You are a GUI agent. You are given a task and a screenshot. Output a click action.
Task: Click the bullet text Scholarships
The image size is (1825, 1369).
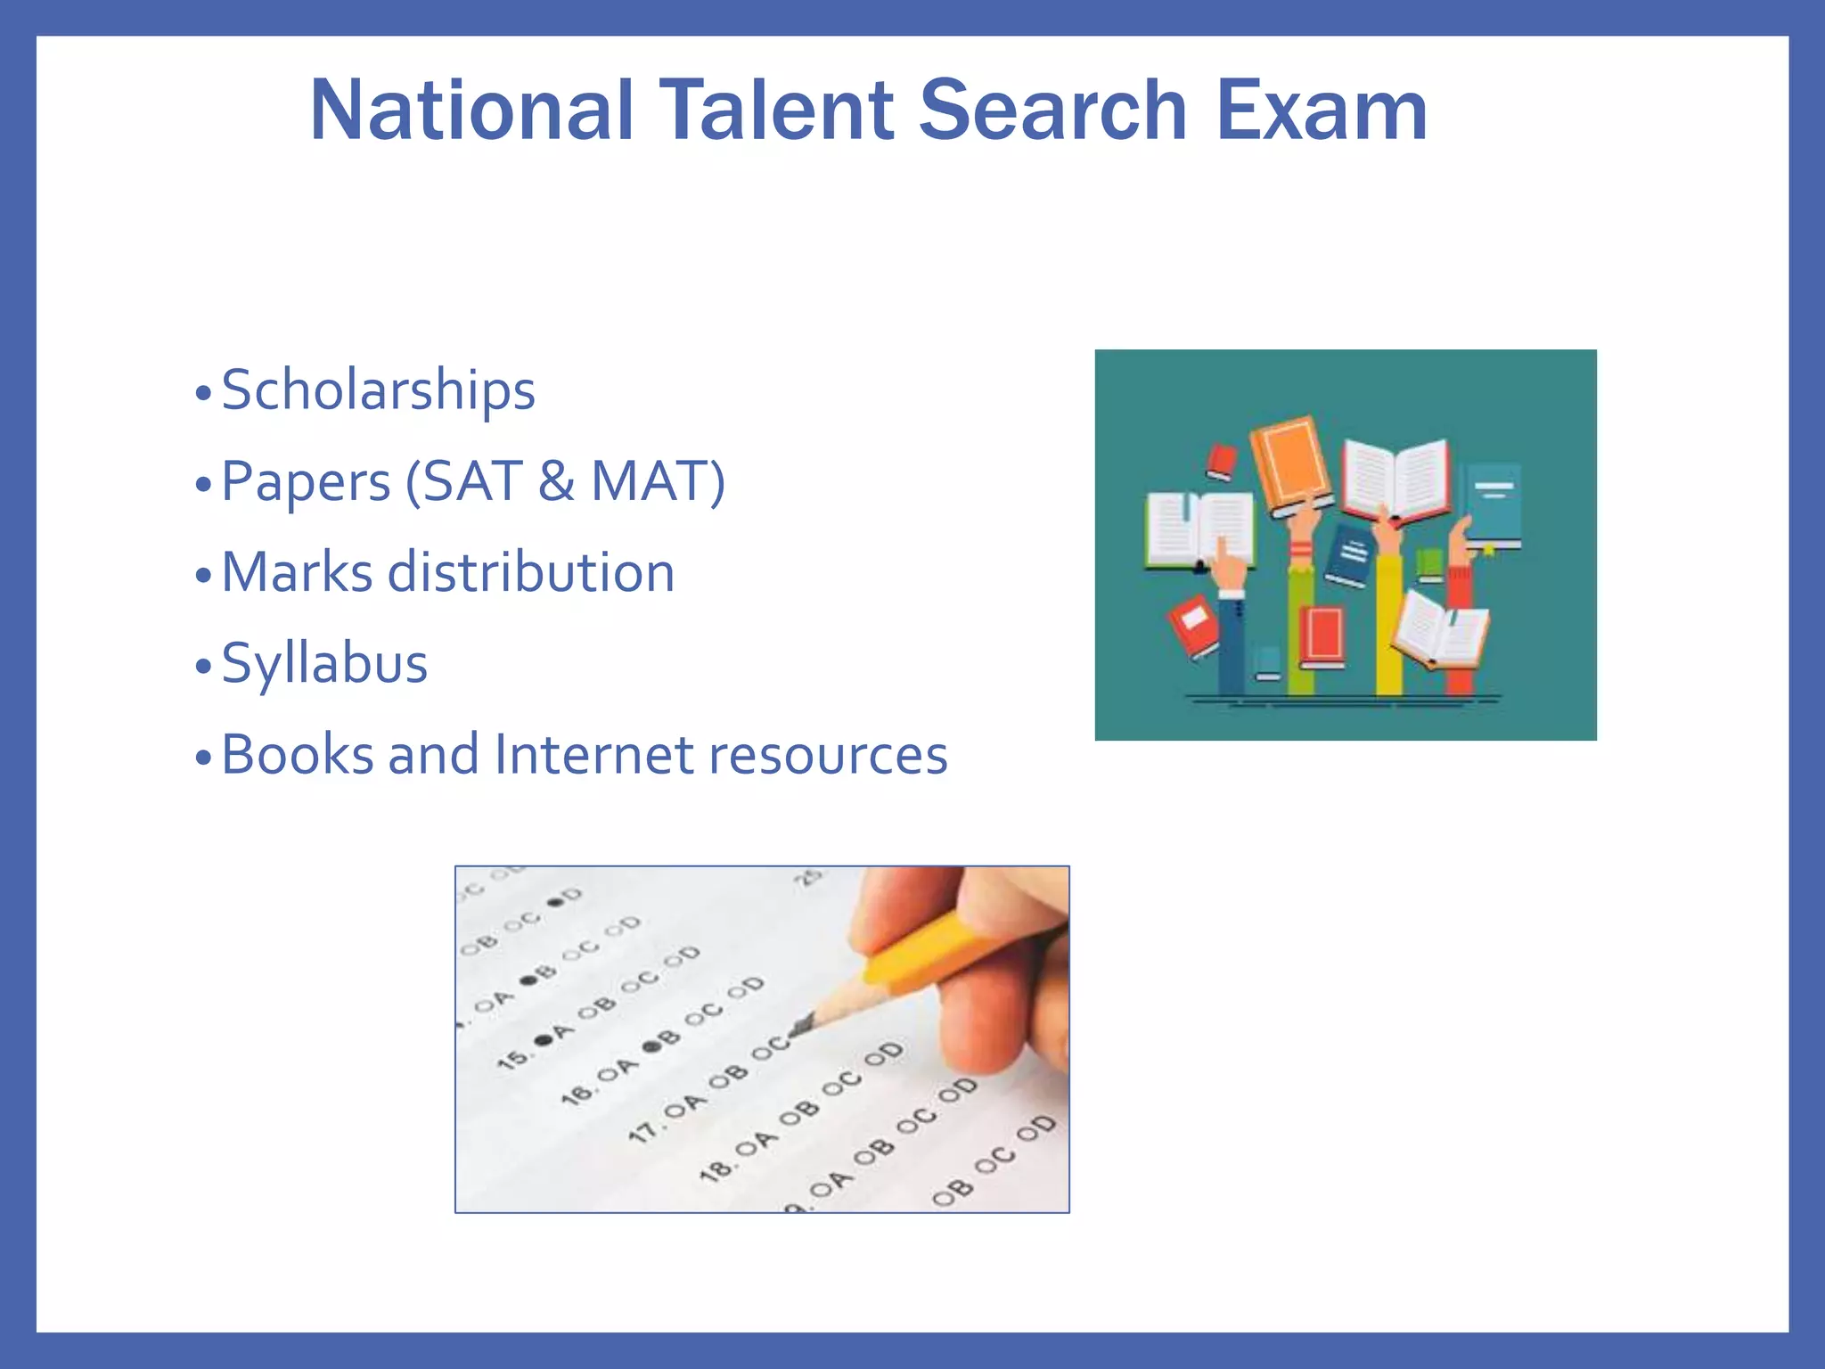pyautogui.click(x=378, y=390)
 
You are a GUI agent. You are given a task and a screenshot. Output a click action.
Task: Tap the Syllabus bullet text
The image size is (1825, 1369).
pyautogui.click(x=324, y=663)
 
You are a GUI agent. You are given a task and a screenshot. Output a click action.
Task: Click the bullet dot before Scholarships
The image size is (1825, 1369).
pyautogui.click(x=204, y=392)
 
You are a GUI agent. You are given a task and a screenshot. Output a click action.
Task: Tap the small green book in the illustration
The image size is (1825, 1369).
pyautogui.click(x=1429, y=564)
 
